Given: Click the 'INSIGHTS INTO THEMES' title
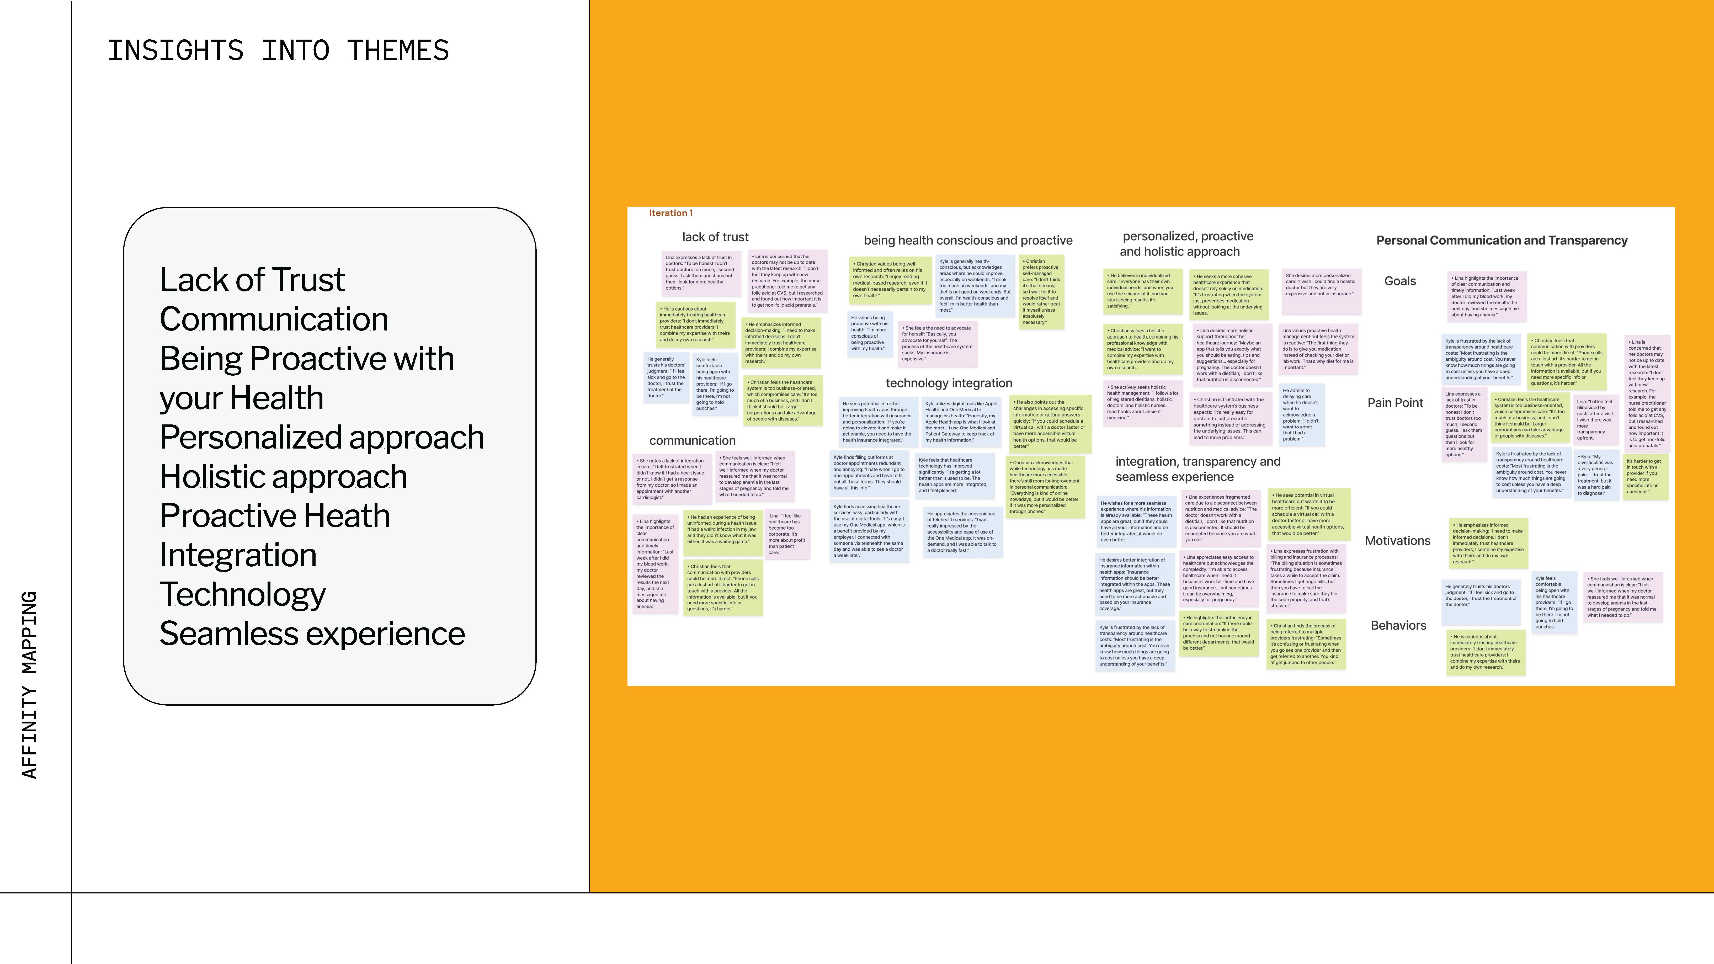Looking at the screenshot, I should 278,51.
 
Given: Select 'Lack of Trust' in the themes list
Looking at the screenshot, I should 252,279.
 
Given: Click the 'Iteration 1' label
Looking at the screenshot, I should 671,213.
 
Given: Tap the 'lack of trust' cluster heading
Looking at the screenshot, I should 715,237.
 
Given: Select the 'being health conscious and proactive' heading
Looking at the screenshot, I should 968,240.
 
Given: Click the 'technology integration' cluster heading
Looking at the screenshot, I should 949,383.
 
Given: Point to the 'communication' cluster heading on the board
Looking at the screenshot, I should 693,440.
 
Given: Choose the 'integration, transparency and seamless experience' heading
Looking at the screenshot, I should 1198,469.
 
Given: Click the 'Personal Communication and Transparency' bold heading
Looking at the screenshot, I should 1502,240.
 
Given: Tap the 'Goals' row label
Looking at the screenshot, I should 1400,281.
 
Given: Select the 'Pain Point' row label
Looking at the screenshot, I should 1395,402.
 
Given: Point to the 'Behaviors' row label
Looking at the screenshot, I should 1399,625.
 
